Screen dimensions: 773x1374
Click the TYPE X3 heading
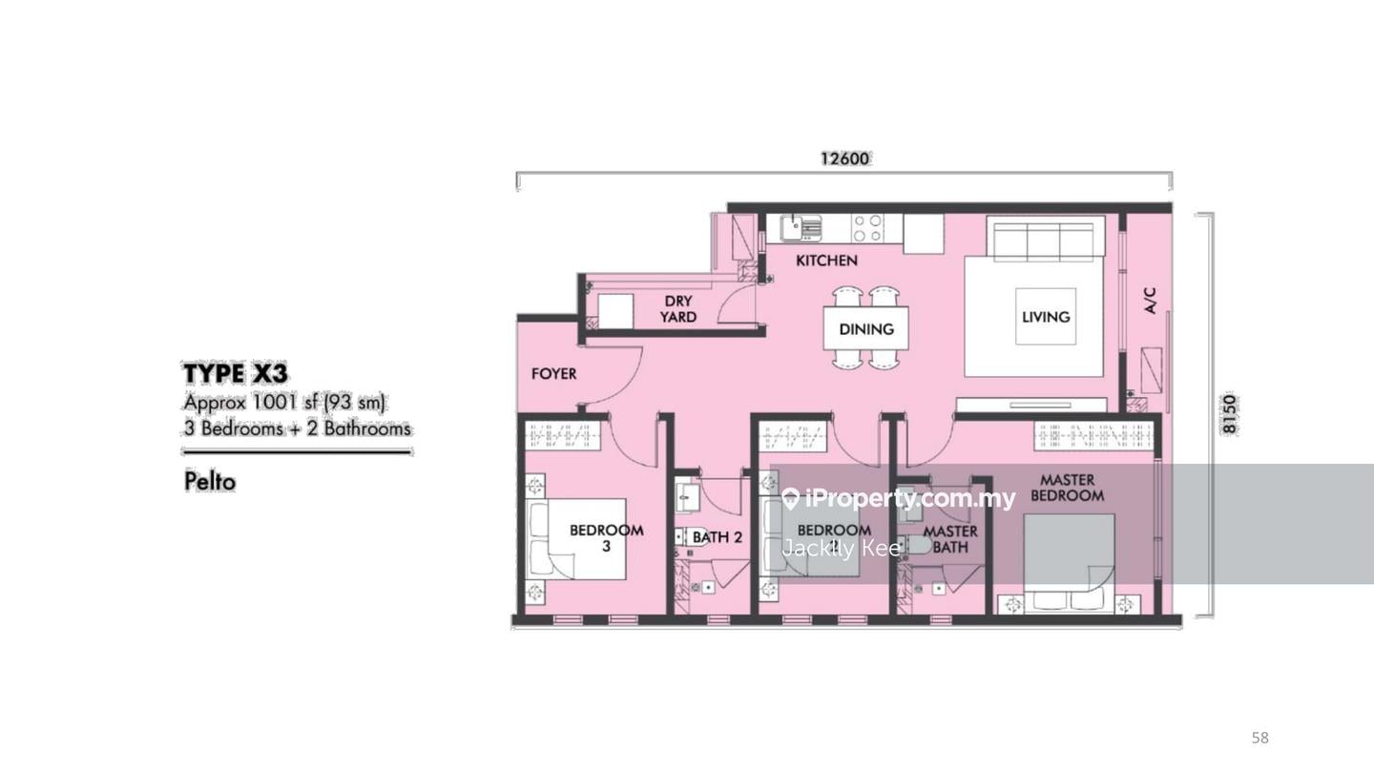coord(235,372)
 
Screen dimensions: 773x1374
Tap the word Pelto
coord(209,481)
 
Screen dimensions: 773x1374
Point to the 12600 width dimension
coord(844,158)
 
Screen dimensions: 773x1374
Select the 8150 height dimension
coord(1229,414)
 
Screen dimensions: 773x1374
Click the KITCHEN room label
coord(826,261)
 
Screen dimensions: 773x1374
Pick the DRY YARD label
coord(678,309)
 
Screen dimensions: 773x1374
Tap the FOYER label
coord(553,373)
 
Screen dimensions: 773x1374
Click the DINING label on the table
coord(866,329)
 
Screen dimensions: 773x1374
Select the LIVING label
coord(1046,317)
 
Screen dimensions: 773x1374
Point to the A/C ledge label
coord(1151,302)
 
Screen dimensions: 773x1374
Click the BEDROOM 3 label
coord(606,538)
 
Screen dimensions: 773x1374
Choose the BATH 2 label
coord(717,537)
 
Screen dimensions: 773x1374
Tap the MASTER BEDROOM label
coord(1067,488)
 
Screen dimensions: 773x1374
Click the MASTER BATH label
coord(949,539)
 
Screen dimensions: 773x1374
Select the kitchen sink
coord(801,228)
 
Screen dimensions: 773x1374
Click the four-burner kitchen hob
coord(867,228)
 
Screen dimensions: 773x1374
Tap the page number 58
coord(1259,738)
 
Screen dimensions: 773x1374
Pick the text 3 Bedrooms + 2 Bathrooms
coord(298,428)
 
